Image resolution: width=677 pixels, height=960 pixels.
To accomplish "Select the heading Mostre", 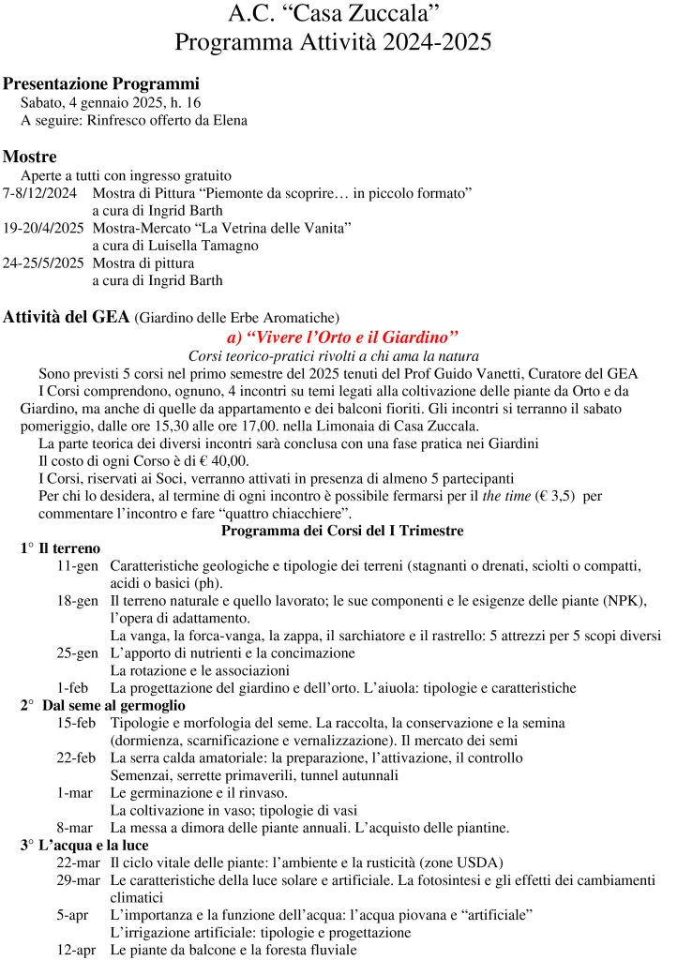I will [30, 156].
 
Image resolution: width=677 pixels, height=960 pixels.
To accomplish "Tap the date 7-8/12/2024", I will [39, 193].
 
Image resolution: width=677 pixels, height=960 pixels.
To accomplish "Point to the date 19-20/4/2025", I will [44, 228].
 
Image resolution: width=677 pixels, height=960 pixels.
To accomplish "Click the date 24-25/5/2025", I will [44, 262].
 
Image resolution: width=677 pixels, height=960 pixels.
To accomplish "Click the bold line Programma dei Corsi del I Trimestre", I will [341, 531].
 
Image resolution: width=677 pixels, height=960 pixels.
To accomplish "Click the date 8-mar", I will [74, 827].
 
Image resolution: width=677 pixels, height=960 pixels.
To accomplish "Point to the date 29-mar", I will [79, 880].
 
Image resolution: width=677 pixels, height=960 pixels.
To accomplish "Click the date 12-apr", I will [77, 949].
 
